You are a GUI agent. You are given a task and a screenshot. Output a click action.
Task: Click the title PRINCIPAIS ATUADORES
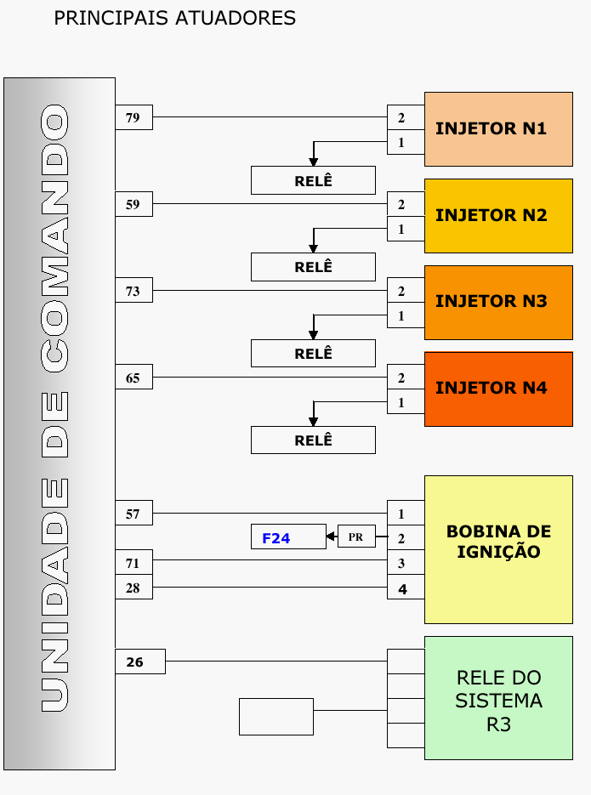[x=174, y=18]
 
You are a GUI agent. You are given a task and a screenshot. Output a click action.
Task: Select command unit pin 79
[x=134, y=117]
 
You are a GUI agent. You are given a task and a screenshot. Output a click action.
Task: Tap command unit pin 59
[x=134, y=204]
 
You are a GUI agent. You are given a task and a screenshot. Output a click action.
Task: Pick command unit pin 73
[x=134, y=291]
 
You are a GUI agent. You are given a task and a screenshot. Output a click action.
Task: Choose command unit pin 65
[x=134, y=378]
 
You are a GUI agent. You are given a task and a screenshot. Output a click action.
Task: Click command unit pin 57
[x=134, y=514]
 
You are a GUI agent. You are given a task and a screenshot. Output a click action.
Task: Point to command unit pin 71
[x=134, y=563]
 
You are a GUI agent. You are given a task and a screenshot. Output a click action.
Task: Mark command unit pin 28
[x=134, y=588]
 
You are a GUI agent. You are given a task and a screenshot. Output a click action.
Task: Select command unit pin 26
[x=139, y=662]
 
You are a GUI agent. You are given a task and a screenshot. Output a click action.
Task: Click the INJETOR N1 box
[x=497, y=128]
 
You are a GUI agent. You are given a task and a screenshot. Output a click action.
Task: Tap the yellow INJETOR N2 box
[x=497, y=215]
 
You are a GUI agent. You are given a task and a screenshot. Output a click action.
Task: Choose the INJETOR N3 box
[x=497, y=302]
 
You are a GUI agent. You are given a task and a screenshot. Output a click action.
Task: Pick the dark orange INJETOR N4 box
[x=497, y=389]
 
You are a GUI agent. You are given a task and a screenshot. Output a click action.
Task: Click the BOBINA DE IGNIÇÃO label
[x=498, y=542]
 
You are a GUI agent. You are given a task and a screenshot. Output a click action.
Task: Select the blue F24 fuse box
[x=287, y=537]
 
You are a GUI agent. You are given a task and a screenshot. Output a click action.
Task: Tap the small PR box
[x=356, y=537]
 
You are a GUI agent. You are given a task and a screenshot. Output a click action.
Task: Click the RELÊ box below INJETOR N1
[x=313, y=180]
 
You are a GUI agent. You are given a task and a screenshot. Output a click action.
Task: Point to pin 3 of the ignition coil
[x=402, y=563]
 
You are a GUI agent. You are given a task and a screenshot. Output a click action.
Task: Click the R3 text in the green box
[x=498, y=725]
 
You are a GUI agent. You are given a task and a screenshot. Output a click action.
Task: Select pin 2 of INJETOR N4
[x=402, y=378]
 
